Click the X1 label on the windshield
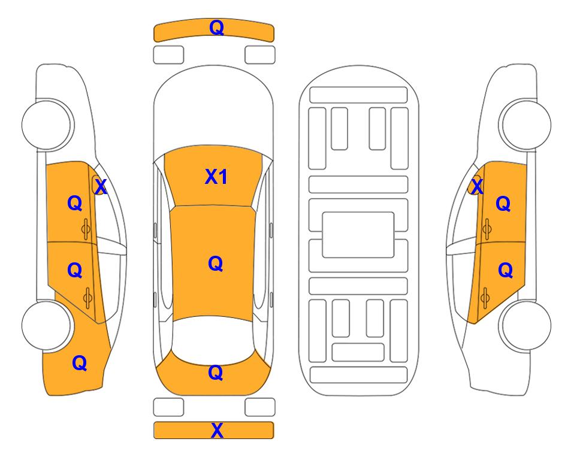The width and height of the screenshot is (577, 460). [216, 177]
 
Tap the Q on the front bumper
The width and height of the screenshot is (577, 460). [216, 28]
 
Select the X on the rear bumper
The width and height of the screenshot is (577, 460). [217, 430]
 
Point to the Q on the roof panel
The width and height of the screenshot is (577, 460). [215, 264]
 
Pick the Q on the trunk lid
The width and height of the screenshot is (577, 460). [215, 373]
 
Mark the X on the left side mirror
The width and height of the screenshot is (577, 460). [101, 187]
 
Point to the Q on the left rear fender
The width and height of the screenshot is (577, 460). [80, 363]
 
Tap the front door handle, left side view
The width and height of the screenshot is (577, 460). [86, 229]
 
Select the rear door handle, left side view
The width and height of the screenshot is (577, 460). [87, 298]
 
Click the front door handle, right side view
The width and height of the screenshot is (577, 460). [487, 229]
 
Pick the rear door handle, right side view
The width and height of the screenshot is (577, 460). [485, 298]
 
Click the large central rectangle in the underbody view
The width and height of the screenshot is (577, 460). [358, 235]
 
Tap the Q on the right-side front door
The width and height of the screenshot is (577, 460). [503, 204]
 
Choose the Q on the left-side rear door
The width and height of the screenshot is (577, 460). [75, 271]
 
